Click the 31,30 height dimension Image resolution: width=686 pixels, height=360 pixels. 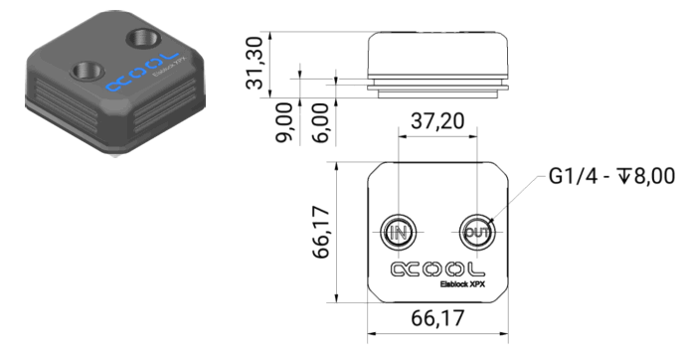(x=257, y=61)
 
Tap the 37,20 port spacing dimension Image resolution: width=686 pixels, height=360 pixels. (x=437, y=122)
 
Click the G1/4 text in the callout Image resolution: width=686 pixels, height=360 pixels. (x=572, y=178)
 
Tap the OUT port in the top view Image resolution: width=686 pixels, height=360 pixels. (x=476, y=232)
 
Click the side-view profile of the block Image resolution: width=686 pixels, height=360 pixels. (x=438, y=61)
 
